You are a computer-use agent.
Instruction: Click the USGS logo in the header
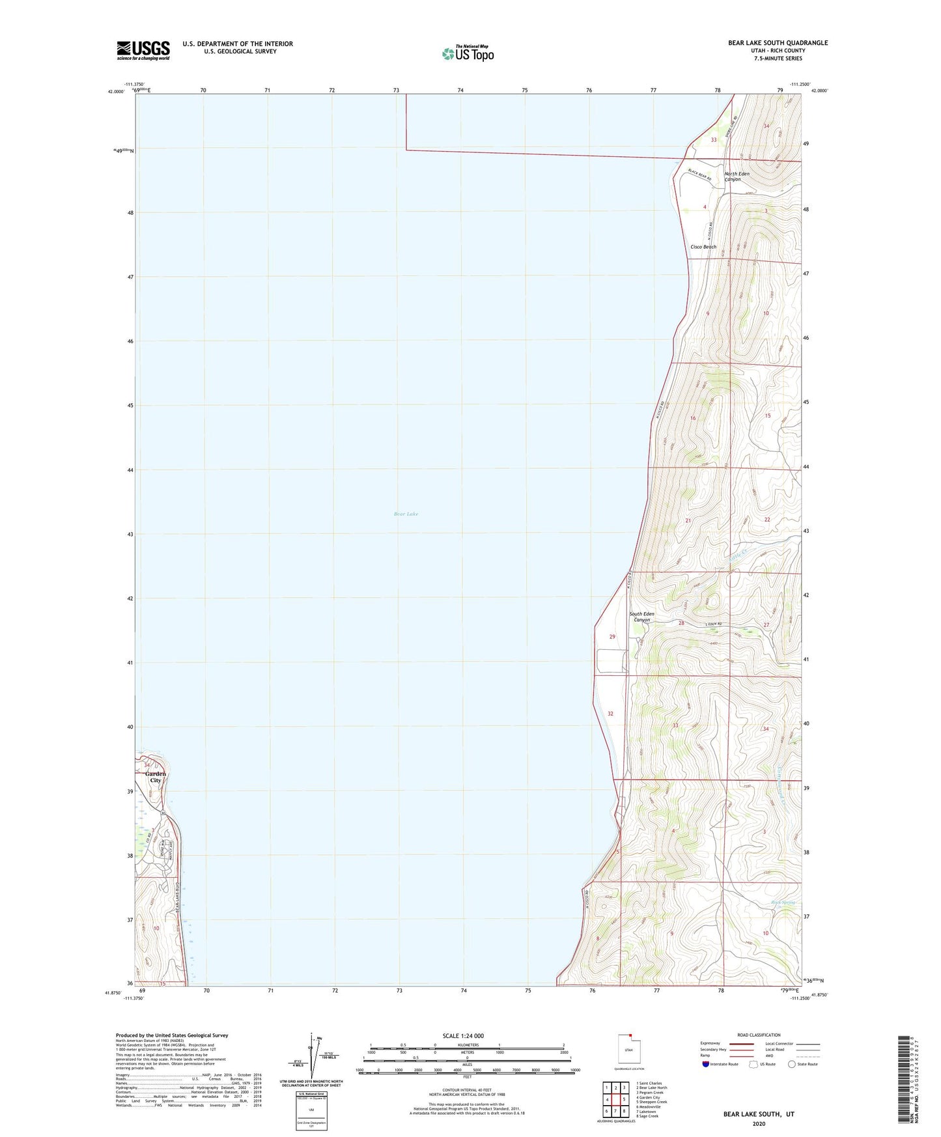[x=143, y=50]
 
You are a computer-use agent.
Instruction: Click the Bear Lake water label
[x=406, y=514]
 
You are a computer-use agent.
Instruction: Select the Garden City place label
[x=156, y=777]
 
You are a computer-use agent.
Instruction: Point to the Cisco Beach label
[x=703, y=247]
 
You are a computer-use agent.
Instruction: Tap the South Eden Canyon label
[x=641, y=617]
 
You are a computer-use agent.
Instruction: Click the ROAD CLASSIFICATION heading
[x=759, y=1035]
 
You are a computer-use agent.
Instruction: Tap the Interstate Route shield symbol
[x=706, y=1064]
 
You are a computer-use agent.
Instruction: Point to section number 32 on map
[x=610, y=714]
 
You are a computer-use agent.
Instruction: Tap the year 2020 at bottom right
[x=758, y=1123]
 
